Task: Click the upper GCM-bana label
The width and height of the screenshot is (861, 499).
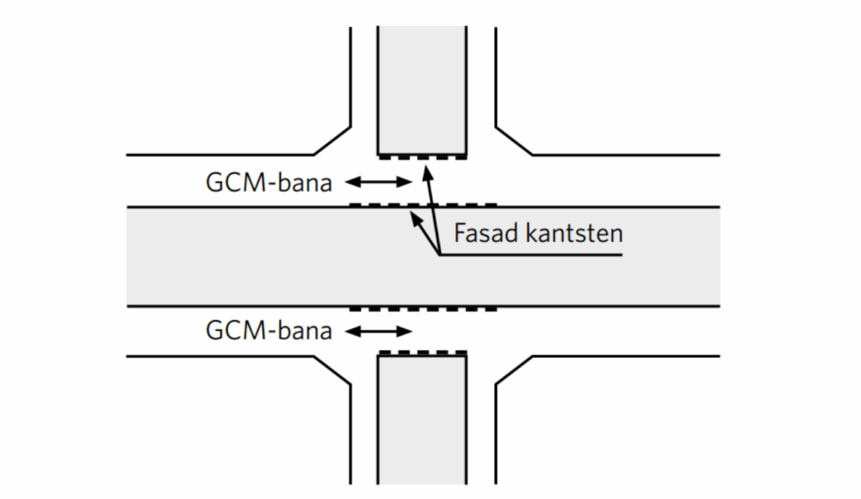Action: click(x=269, y=182)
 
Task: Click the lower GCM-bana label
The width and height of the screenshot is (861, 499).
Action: click(x=269, y=331)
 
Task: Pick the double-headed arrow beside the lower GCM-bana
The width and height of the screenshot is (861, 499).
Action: click(x=379, y=331)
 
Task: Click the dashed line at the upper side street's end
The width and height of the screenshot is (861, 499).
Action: click(x=422, y=157)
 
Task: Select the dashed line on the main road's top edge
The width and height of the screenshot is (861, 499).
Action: click(x=422, y=204)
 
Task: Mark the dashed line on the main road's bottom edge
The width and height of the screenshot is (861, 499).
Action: click(x=422, y=309)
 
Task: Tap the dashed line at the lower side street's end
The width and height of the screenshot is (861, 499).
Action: click(x=422, y=353)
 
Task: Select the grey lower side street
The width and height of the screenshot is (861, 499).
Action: click(x=422, y=420)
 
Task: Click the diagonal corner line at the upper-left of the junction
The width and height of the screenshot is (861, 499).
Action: click(x=333, y=141)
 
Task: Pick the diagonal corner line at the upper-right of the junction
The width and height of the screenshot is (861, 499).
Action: click(x=514, y=141)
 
